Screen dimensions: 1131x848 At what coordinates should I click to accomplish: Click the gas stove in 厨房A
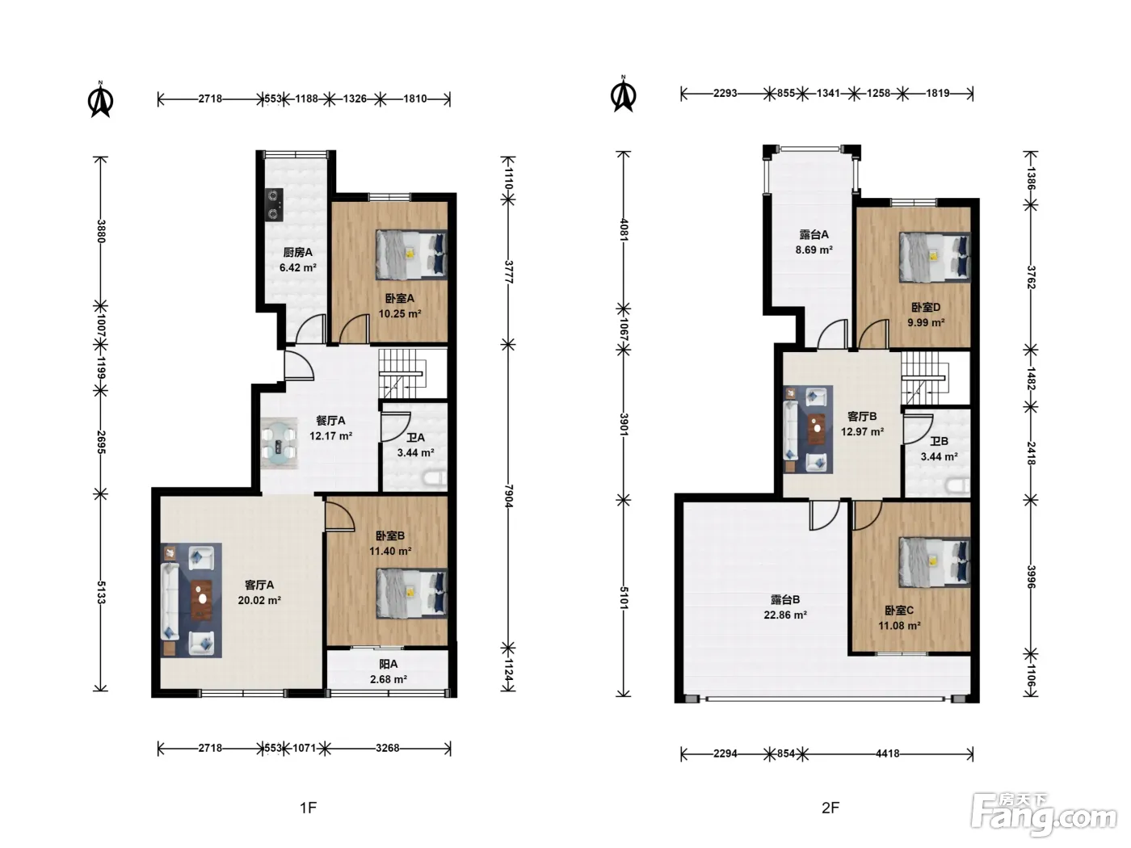pyautogui.click(x=274, y=205)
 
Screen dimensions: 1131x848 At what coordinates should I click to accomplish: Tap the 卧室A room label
pyautogui.click(x=399, y=298)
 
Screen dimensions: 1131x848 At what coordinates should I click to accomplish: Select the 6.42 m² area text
pyautogui.click(x=298, y=268)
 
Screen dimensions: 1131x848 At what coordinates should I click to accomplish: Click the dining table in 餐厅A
pyautogui.click(x=279, y=443)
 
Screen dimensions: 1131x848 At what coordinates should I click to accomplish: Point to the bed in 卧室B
pyautogui.click(x=411, y=592)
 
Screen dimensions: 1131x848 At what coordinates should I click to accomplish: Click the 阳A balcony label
pyautogui.click(x=389, y=664)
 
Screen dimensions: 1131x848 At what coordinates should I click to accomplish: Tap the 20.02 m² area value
pyautogui.click(x=259, y=600)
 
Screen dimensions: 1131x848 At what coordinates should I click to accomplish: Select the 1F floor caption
pyautogui.click(x=308, y=808)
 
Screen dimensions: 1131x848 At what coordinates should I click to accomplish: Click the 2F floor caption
pyautogui.click(x=830, y=808)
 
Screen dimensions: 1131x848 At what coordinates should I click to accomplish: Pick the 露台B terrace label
pyautogui.click(x=784, y=599)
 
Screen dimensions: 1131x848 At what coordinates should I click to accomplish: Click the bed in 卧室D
pyautogui.click(x=935, y=257)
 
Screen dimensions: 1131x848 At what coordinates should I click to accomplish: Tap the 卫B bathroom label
pyautogui.click(x=939, y=441)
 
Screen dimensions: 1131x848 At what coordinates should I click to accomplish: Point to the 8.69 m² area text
pyautogui.click(x=814, y=250)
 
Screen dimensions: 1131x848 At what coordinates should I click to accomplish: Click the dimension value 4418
pyautogui.click(x=887, y=754)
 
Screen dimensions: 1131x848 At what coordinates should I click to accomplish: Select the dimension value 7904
pyautogui.click(x=509, y=497)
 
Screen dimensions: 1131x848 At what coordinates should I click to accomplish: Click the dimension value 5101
pyautogui.click(x=624, y=598)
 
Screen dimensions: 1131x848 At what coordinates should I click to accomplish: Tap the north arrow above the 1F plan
pyautogui.click(x=101, y=99)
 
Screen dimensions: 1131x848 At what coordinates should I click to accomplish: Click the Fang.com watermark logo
pyautogui.click(x=1044, y=813)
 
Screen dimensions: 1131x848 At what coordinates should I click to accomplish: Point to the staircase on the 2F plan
pyautogui.click(x=926, y=379)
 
